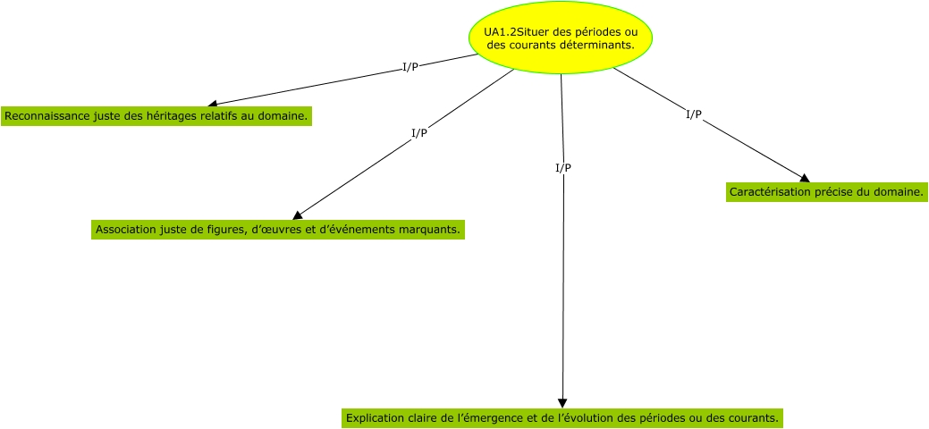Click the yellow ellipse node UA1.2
click(561, 37)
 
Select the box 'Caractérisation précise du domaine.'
click(825, 192)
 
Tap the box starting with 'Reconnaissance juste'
click(156, 116)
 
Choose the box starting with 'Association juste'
click(278, 230)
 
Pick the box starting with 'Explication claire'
click(563, 417)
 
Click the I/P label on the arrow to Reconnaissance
click(410, 67)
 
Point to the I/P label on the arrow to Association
click(418, 133)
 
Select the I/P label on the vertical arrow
click(563, 168)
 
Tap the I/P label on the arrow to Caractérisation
click(693, 114)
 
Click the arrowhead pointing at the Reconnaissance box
click(213, 104)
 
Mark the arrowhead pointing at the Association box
click(298, 214)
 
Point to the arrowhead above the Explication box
click(562, 403)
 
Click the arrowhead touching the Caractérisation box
click(805, 178)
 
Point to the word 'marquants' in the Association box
click(432, 230)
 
